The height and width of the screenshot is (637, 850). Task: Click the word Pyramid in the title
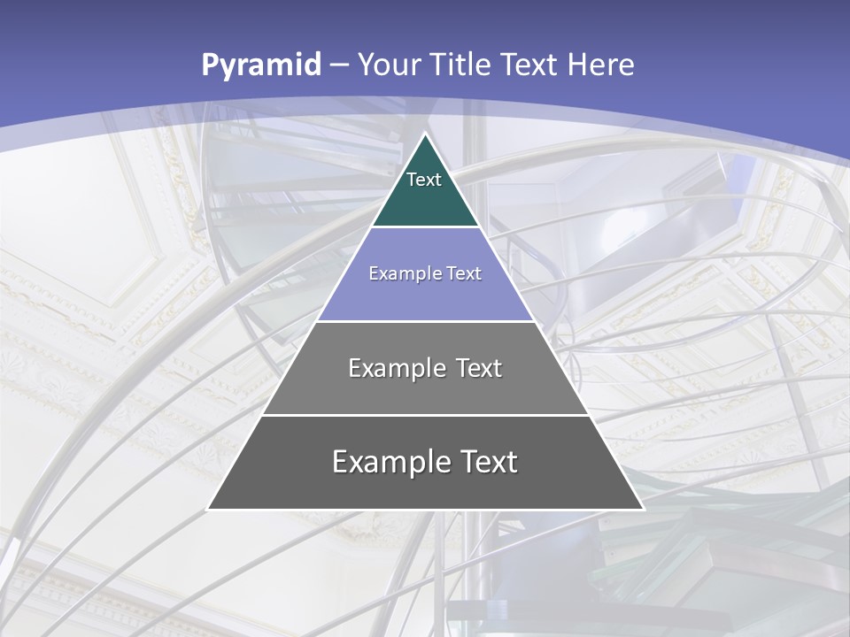click(261, 65)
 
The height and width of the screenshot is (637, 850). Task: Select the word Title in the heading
click(460, 65)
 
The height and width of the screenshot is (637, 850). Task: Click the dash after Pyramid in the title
click(338, 65)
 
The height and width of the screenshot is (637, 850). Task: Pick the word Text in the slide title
click(529, 65)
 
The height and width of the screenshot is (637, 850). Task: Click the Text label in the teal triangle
click(424, 180)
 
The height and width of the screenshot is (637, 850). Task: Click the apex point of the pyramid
click(425, 134)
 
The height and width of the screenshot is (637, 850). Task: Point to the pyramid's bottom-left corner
click(208, 509)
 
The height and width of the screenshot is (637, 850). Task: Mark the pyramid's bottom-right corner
click(643, 509)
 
